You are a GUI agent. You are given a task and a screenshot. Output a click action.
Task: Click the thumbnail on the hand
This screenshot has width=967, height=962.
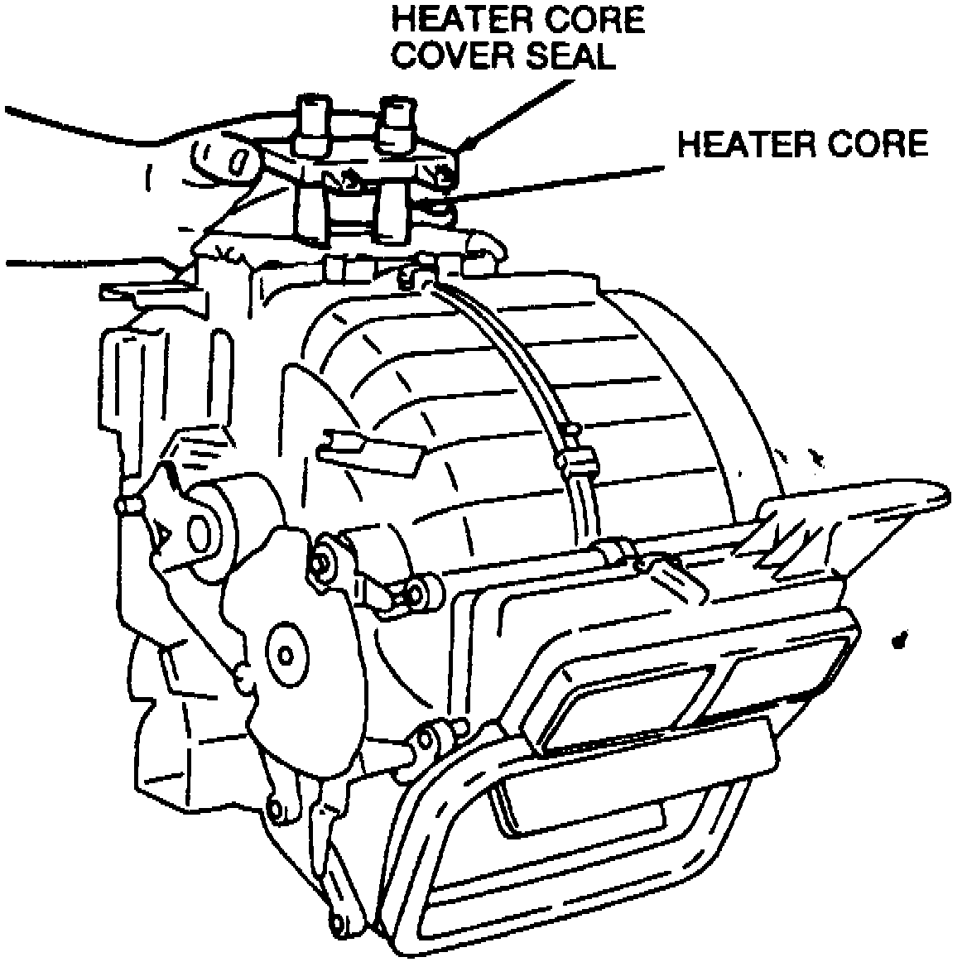click(x=239, y=161)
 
